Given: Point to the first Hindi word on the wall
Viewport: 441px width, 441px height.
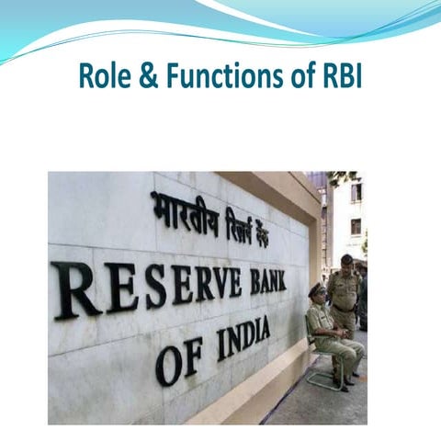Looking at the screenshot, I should tap(184, 214).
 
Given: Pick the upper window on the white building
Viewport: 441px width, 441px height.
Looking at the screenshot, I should tap(356, 193).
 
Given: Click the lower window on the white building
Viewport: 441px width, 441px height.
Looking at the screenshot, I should tap(356, 226).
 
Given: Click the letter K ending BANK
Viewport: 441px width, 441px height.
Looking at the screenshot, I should tap(278, 278).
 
